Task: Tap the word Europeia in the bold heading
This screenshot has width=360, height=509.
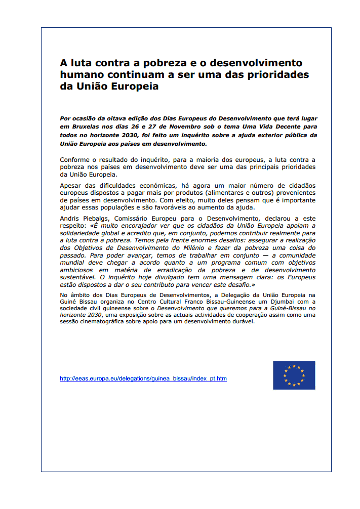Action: (136, 86)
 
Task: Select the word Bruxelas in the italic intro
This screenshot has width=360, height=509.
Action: (84, 127)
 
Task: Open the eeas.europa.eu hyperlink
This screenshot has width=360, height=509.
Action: (143, 378)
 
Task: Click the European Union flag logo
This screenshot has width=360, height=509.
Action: (294, 375)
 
